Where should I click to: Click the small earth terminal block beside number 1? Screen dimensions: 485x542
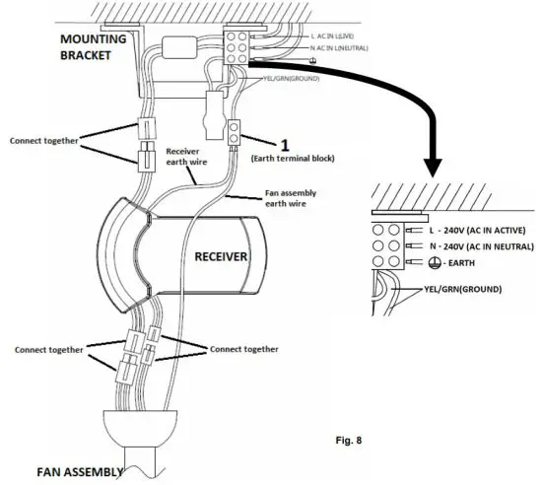coord(235,132)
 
